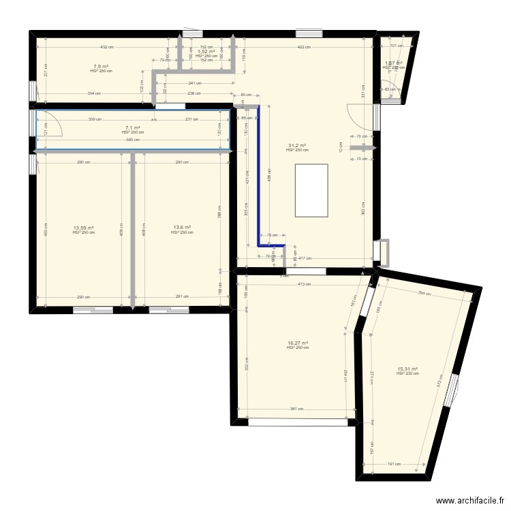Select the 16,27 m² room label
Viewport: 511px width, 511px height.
298,343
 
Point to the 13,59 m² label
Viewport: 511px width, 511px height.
83,228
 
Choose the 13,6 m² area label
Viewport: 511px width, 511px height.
182,228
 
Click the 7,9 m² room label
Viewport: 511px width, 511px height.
100,67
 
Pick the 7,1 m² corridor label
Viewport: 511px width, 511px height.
132,127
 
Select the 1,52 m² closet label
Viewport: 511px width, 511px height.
206,51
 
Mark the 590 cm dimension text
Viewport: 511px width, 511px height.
132,140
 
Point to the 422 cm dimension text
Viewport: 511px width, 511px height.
304,47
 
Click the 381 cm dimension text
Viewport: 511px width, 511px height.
296,409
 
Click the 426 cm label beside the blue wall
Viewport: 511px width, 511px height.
269,179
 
